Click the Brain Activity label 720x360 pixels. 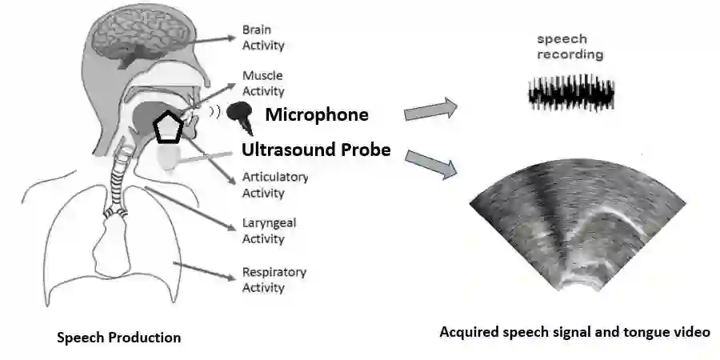pos(263,38)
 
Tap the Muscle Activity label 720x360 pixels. pos(263,84)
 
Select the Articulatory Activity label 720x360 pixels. pos(274,185)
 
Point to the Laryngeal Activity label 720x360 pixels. pos(269,230)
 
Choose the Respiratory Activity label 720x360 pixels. pos(274,279)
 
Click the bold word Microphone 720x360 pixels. pos(317,114)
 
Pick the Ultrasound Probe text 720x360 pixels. pos(317,150)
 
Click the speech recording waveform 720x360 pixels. pos(570,93)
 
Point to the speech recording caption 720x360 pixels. pos(570,47)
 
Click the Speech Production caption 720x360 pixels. pos(118,338)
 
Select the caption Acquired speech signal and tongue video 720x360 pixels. pos(574,331)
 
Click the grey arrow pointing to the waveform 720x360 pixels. pos(430,110)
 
